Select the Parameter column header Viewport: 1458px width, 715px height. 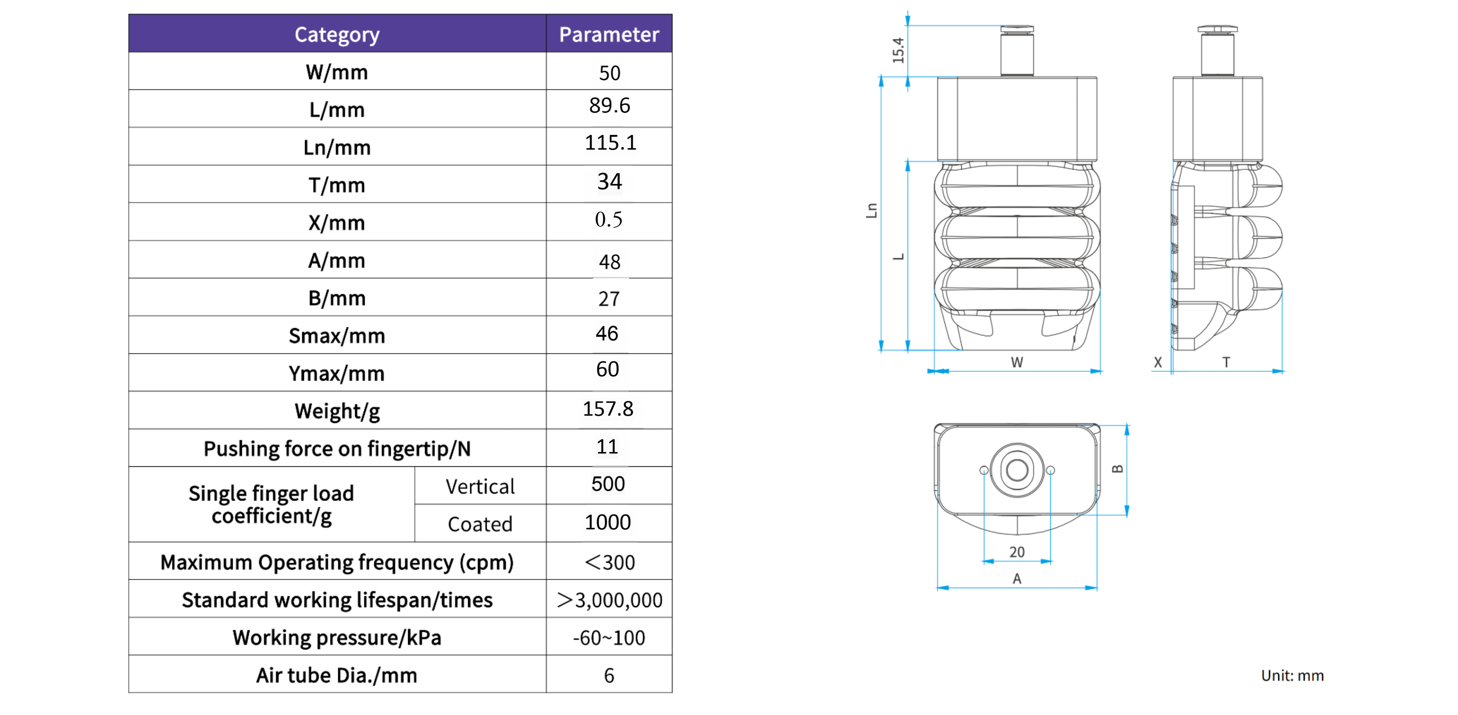(x=609, y=35)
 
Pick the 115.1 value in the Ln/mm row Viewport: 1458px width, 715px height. (x=610, y=143)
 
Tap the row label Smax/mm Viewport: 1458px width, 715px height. (x=337, y=336)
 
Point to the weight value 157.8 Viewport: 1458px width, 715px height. (x=608, y=409)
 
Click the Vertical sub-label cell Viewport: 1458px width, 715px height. (x=480, y=486)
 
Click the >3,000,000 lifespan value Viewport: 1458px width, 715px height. (x=609, y=600)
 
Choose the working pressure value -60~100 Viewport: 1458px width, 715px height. (x=609, y=638)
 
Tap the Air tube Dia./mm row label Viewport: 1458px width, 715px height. (x=337, y=675)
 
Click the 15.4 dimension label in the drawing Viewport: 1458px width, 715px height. (x=898, y=50)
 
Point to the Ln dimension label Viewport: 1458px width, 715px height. (x=872, y=211)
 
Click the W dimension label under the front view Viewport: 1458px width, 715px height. (x=1017, y=362)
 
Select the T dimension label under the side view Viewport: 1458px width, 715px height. (x=1226, y=362)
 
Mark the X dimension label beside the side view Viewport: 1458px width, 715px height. (x=1157, y=362)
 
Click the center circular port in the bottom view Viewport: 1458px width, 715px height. (x=1017, y=470)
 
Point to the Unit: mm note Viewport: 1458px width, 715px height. (x=1292, y=675)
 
